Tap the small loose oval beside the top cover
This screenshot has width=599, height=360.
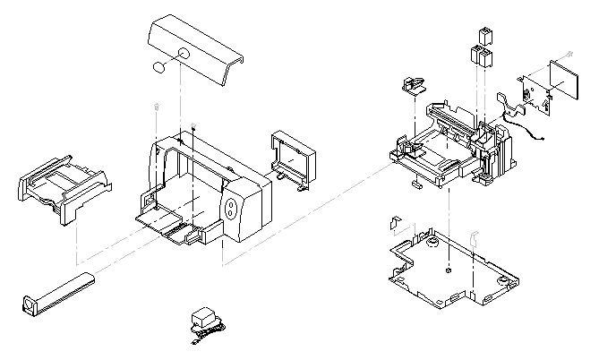tap(158, 67)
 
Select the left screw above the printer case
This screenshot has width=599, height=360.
tap(157, 108)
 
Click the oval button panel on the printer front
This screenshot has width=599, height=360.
tap(233, 210)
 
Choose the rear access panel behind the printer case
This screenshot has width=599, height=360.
tap(294, 157)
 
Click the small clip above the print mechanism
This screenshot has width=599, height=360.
tap(413, 86)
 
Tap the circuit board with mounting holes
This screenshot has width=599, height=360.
tap(535, 92)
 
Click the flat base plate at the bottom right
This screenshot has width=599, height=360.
tap(448, 269)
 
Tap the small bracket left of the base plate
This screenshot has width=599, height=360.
tap(394, 221)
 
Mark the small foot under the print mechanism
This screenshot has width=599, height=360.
tap(417, 186)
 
